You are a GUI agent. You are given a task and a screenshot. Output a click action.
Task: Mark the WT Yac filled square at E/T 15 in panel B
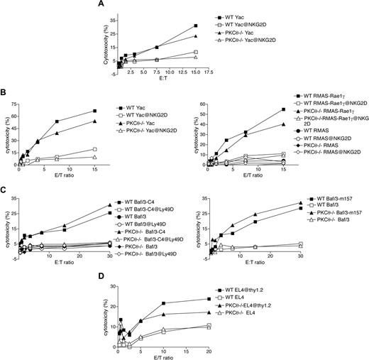94,111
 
